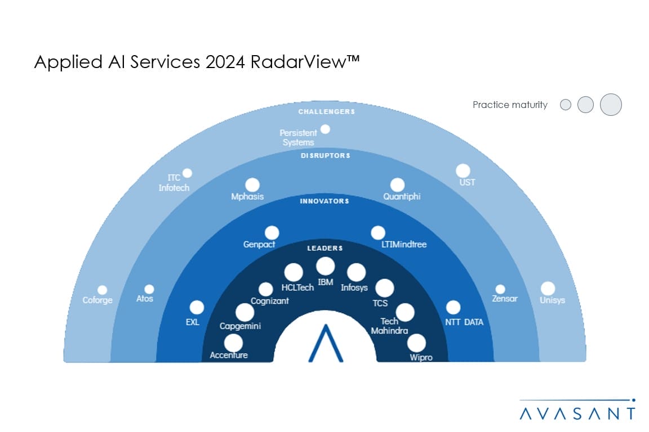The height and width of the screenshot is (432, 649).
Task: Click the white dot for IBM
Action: click(x=325, y=266)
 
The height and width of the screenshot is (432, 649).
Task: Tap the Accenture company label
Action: click(x=229, y=355)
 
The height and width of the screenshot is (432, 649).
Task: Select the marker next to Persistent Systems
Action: click(x=325, y=129)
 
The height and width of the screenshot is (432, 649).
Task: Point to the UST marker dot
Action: click(x=463, y=170)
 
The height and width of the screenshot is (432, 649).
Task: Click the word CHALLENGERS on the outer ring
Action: click(x=327, y=111)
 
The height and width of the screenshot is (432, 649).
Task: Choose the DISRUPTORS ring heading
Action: click(x=325, y=155)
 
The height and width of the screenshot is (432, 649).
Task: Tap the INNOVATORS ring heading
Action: click(x=325, y=201)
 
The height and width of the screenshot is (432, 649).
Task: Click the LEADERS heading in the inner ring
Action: click(x=325, y=247)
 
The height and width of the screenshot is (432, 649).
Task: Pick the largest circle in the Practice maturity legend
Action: click(x=611, y=105)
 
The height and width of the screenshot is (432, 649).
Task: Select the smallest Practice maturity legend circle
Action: click(x=566, y=105)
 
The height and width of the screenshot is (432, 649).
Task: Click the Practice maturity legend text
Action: click(x=510, y=105)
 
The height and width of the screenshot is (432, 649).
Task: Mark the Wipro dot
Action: click(x=416, y=342)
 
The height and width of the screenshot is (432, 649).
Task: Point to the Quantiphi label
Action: click(x=402, y=197)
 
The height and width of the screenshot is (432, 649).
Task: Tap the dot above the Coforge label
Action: click(x=102, y=290)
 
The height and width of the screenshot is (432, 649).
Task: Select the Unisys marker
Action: click(x=548, y=288)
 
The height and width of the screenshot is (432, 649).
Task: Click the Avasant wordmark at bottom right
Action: click(x=577, y=413)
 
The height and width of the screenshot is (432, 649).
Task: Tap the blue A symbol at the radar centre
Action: click(x=326, y=343)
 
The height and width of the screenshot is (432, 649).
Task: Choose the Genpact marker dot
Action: click(x=272, y=232)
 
